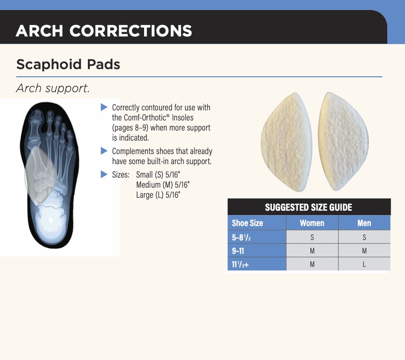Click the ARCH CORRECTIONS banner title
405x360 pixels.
pyautogui.click(x=104, y=31)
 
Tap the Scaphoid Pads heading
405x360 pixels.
pyautogui.click(x=68, y=64)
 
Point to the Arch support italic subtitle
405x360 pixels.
pyautogui.click(x=53, y=88)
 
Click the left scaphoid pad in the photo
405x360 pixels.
pyautogui.click(x=286, y=142)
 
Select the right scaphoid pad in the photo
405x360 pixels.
pyautogui.click(x=343, y=142)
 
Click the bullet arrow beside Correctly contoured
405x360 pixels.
pyautogui.click(x=104, y=107)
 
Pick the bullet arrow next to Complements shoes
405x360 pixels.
pyautogui.click(x=104, y=151)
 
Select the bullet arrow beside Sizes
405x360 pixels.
pyautogui.click(x=104, y=174)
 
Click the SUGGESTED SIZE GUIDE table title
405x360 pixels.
pyautogui.click(x=308, y=207)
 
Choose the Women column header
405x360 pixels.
pyautogui.click(x=312, y=223)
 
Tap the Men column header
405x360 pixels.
pyautogui.click(x=364, y=223)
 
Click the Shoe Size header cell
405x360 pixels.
pyautogui.click(x=247, y=223)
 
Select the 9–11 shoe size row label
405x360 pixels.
pyautogui.click(x=238, y=251)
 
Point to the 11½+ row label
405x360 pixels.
pyautogui.click(x=240, y=264)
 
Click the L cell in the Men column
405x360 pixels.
pyautogui.click(x=364, y=264)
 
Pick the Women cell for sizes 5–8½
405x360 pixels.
pyautogui.click(x=312, y=237)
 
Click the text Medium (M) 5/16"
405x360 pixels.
pyautogui.click(x=163, y=185)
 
